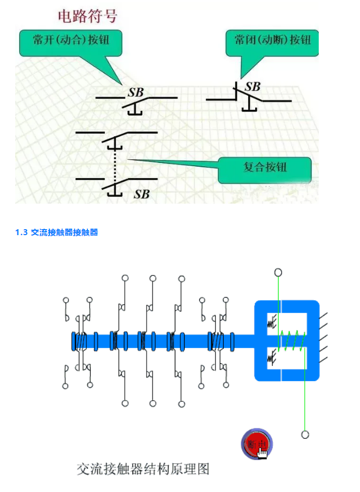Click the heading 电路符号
tap(87, 15)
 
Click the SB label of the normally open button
tap(136, 92)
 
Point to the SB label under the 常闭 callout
tap(252, 86)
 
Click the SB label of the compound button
tap(142, 193)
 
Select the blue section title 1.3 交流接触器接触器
tap(57, 232)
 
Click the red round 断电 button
tap(256, 444)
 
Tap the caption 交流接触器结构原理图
tap(143, 468)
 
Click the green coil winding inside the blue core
tap(293, 341)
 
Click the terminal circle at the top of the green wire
tap(278, 272)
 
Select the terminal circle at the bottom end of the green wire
tap(305, 434)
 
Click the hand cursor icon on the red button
tap(262, 451)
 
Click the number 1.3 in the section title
tap(22, 232)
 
